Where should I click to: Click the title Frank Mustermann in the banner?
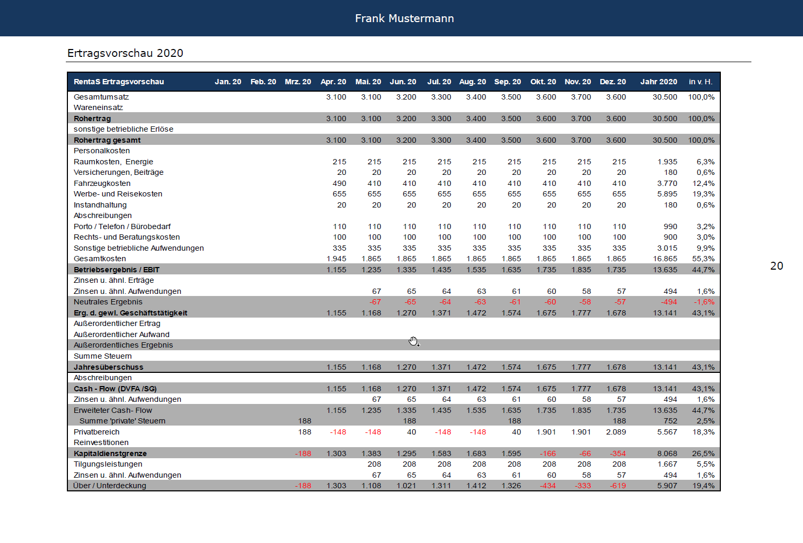[404, 18]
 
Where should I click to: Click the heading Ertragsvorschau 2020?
[125, 53]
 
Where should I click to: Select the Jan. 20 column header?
[228, 82]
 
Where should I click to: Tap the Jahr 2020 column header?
[659, 82]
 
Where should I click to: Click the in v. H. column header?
[700, 82]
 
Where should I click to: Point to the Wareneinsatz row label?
[98, 107]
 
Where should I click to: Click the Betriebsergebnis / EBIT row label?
[116, 270]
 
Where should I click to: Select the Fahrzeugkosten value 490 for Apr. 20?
[339, 183]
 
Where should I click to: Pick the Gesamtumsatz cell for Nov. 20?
[581, 97]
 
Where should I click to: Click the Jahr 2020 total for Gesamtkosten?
[665, 259]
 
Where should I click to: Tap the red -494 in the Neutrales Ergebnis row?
[669, 302]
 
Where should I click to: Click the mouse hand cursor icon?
[414, 341]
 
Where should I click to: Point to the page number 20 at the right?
[777, 266]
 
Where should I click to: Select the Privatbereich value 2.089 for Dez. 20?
[616, 432]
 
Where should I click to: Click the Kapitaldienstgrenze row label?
[110, 453]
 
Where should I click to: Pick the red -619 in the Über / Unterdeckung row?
[618, 486]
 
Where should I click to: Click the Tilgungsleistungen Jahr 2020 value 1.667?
[667, 464]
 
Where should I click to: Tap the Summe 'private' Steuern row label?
[122, 421]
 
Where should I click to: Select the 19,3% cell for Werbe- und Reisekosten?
[703, 194]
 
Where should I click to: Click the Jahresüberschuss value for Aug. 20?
[476, 367]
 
